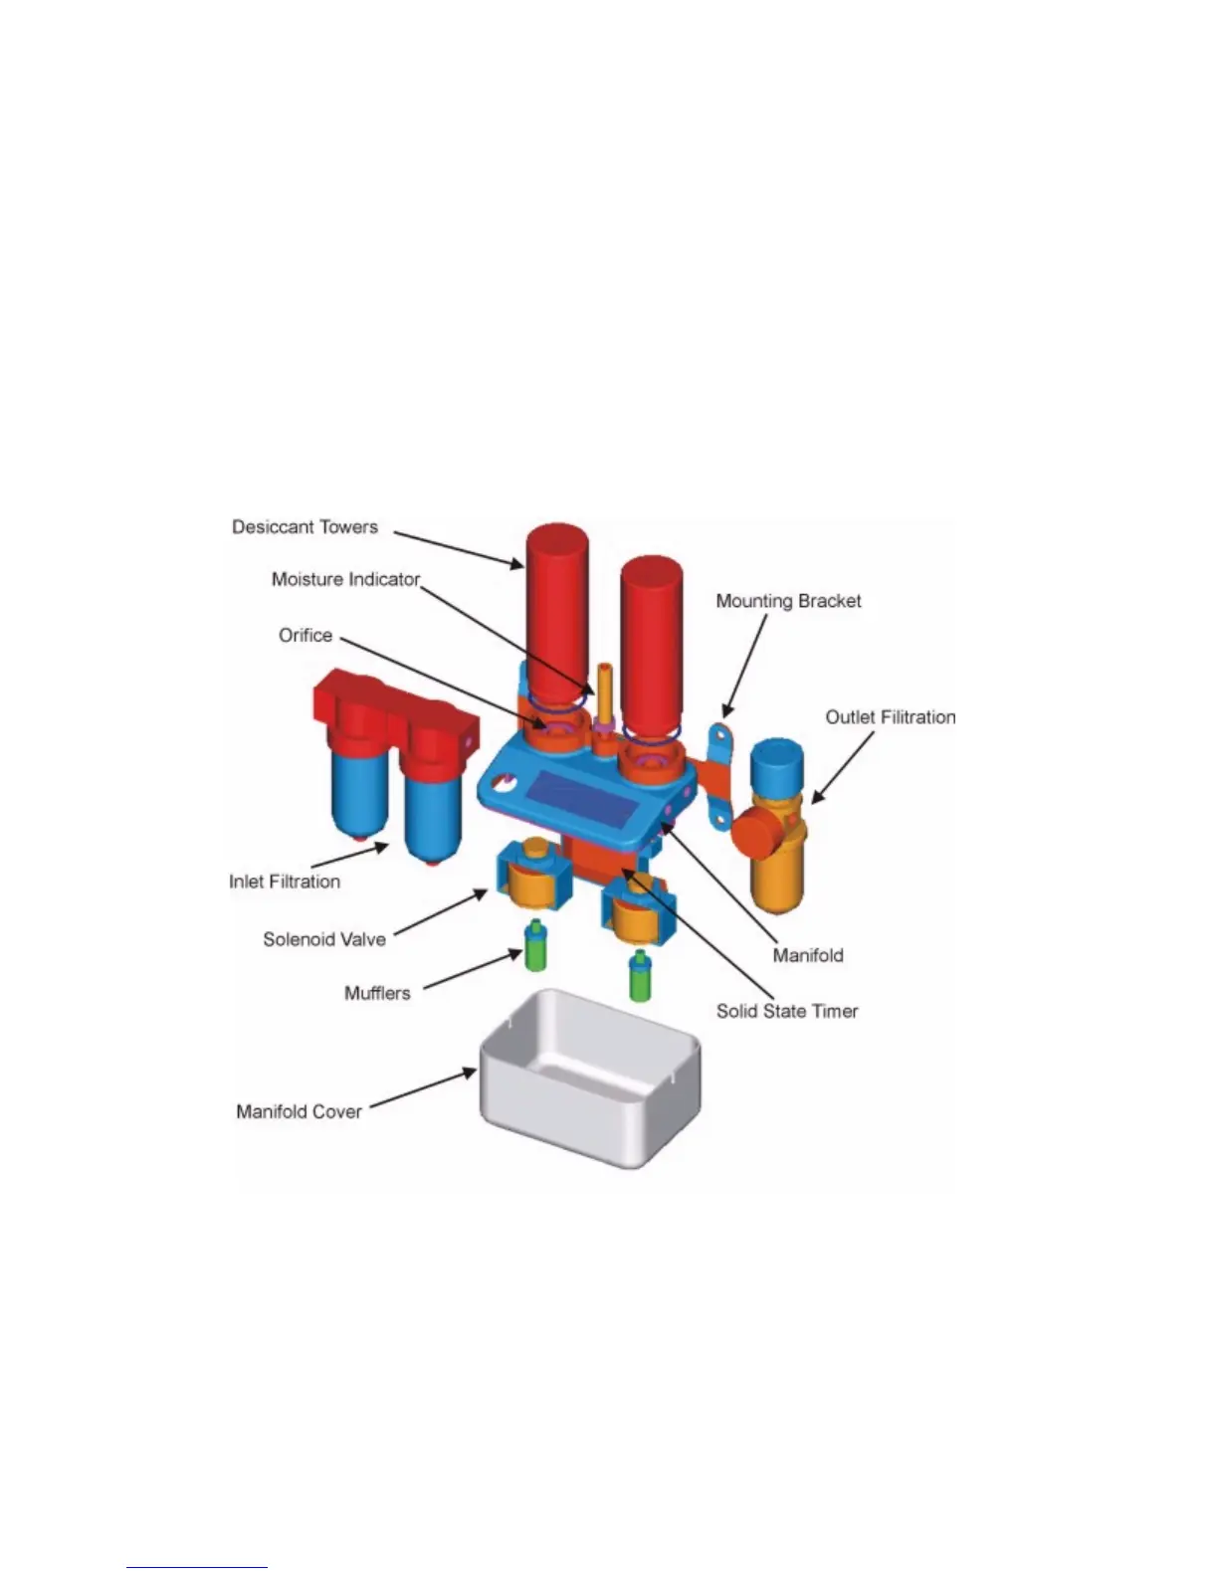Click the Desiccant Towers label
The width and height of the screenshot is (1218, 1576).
click(x=304, y=527)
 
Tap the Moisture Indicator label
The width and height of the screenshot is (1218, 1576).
click(x=345, y=580)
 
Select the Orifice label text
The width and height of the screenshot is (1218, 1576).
click(x=305, y=636)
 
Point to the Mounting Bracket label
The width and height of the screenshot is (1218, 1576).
click(x=788, y=601)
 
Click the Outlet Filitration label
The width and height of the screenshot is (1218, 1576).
click(x=890, y=717)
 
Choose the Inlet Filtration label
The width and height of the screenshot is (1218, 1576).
click(x=285, y=882)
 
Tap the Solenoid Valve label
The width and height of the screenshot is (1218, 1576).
click(x=323, y=939)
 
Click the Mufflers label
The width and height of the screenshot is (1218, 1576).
click(x=377, y=993)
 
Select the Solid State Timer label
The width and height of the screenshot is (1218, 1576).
click(x=787, y=1012)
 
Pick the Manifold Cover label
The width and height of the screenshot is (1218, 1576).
click(x=299, y=1111)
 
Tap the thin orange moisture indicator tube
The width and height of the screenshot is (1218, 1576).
click(x=603, y=691)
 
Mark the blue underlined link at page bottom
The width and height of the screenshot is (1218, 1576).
click(x=197, y=1567)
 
